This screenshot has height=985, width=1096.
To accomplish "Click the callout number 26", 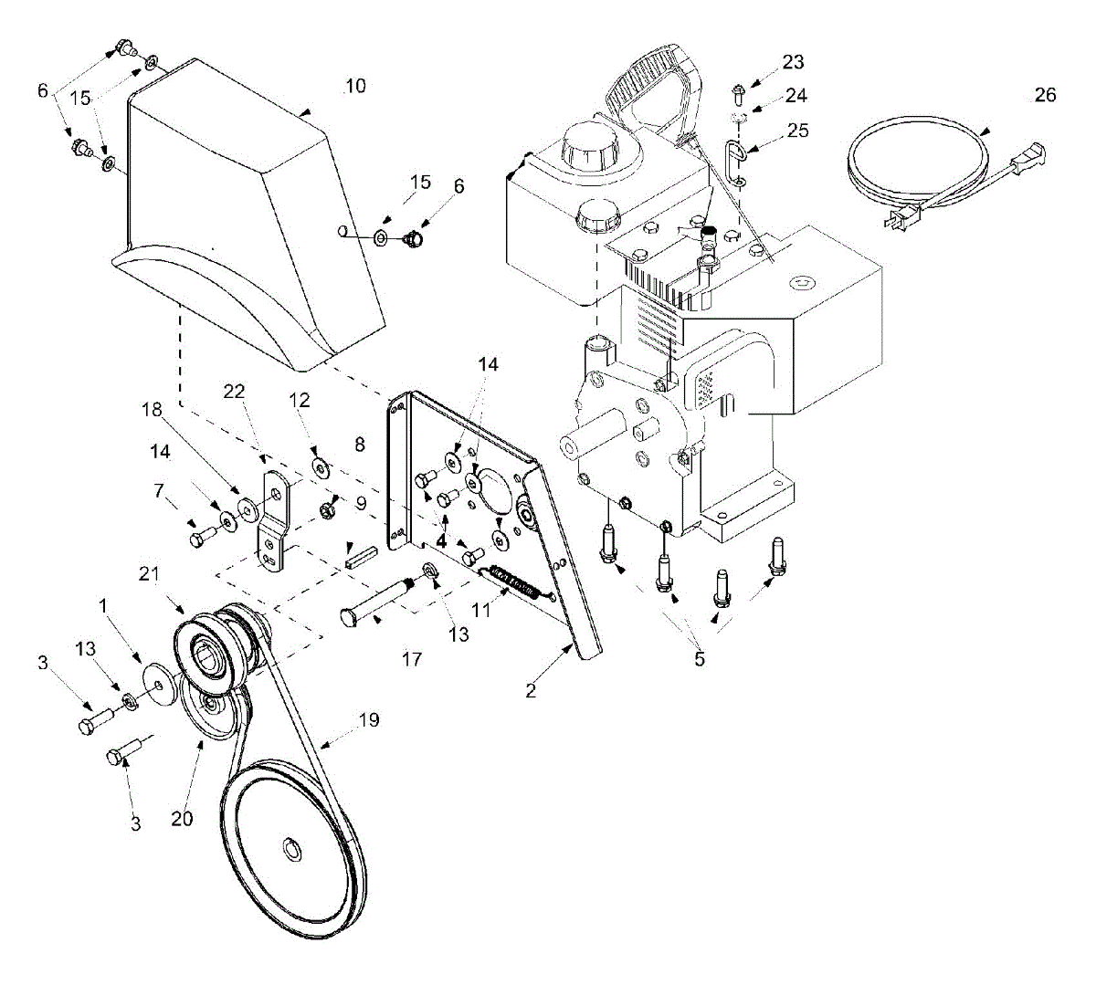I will point(1045,95).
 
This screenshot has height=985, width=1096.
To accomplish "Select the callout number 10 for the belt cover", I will point(355,86).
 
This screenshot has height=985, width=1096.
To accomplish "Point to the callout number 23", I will point(793,62).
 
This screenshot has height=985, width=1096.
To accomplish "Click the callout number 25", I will point(797,131).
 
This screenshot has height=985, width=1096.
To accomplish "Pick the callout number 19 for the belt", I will point(368,720).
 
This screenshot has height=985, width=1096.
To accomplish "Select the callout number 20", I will point(182,819).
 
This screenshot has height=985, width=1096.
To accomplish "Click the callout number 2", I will point(532,690).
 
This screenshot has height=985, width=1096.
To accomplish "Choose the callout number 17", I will point(412,658).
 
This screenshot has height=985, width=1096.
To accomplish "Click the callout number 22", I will point(235,391).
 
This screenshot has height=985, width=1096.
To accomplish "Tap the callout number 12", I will point(300,400).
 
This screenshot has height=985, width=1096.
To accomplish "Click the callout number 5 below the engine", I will point(700,658).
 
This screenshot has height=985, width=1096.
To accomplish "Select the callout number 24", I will point(796,95).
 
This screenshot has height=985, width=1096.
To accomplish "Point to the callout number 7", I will point(159,493).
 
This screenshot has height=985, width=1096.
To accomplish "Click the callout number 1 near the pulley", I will point(103,605).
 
